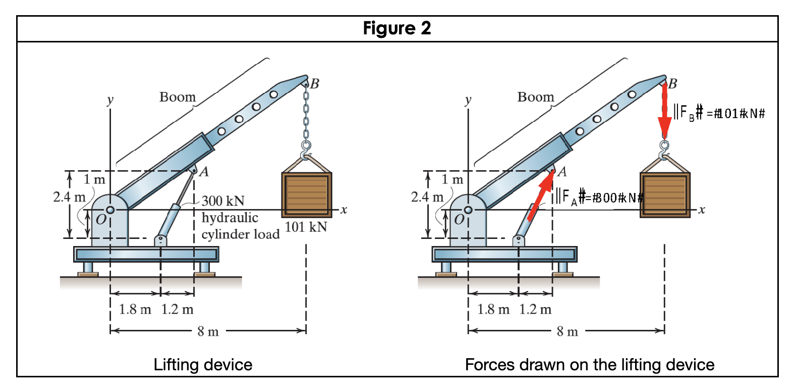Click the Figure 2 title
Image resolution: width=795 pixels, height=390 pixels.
pos(397,28)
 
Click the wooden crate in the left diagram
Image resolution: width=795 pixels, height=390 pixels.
pos(307,194)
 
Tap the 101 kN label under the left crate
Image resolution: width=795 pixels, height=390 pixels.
pos(306,227)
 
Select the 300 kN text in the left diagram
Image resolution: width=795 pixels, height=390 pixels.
pos(223,201)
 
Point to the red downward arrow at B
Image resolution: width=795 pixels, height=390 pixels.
pos(664,114)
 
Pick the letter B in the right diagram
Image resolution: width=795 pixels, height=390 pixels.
pos(672,83)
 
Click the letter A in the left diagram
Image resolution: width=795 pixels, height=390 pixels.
pos(204,172)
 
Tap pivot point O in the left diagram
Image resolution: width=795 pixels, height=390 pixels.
pos(110,210)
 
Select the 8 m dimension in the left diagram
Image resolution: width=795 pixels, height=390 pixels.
pos(208,331)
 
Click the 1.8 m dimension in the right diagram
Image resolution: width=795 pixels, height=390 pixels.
pos(493,309)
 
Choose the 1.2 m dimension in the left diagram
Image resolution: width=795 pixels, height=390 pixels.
pos(177,309)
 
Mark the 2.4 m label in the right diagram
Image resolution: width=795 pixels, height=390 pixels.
pos(427,197)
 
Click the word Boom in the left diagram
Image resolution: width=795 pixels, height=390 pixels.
pos(178,97)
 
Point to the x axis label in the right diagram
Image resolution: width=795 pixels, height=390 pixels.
pos(702,210)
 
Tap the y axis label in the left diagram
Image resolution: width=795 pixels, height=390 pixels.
pos(110,100)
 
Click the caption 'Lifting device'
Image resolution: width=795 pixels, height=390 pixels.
pos(203,365)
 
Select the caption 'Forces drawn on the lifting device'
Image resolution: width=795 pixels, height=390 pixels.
pos(589,365)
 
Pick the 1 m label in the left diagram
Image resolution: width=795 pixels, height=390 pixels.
pos(94,179)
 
